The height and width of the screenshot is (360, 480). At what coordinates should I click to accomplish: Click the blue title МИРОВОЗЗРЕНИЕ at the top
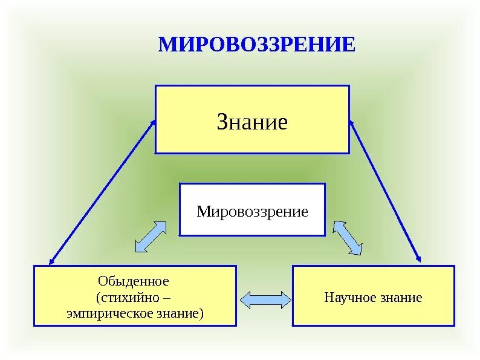(x=256, y=45)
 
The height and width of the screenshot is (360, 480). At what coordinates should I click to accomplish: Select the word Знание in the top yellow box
(x=252, y=123)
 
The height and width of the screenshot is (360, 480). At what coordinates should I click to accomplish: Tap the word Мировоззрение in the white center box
(x=252, y=212)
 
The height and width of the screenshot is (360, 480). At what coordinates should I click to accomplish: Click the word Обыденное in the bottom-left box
(x=133, y=281)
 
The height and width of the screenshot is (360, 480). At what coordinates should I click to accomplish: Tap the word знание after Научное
(x=402, y=298)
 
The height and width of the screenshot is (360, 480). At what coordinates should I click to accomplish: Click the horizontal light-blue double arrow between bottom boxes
(x=265, y=298)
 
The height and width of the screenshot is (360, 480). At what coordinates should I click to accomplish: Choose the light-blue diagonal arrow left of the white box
(x=151, y=237)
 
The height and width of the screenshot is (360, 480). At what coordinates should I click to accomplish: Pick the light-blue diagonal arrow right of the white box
(x=348, y=238)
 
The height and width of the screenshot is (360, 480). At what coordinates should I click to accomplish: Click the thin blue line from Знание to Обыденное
(x=102, y=192)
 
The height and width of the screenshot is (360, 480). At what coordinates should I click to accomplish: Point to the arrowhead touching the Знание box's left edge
(x=153, y=122)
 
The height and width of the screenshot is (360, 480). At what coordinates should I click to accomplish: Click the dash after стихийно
(x=167, y=298)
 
